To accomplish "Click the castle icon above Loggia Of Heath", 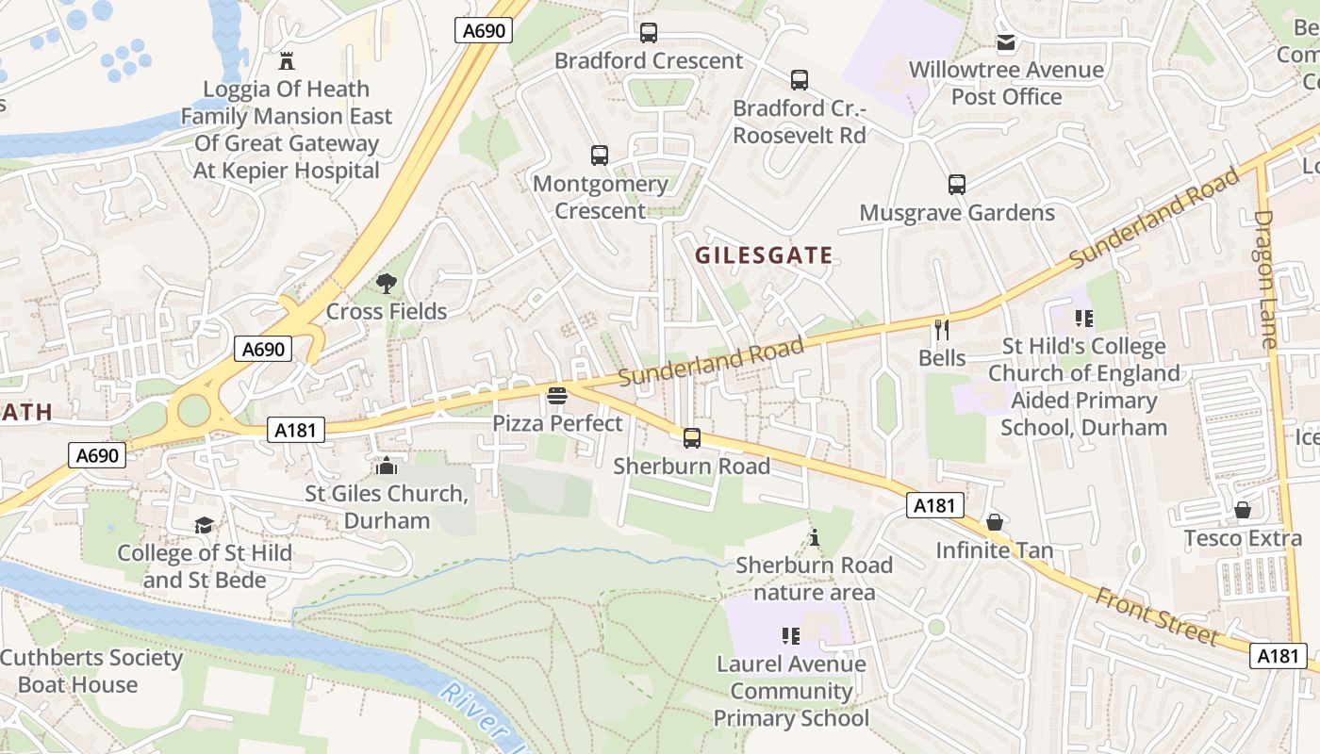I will pyautogui.click(x=287, y=62).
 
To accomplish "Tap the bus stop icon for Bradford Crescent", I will pyautogui.click(x=649, y=33).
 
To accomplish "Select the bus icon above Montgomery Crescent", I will pyautogui.click(x=600, y=156).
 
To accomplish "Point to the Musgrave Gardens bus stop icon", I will pyautogui.click(x=957, y=185).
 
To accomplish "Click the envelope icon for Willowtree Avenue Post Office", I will pyautogui.click(x=1006, y=42).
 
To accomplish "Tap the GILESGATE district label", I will pyautogui.click(x=764, y=255).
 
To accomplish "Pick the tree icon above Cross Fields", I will pyautogui.click(x=386, y=283).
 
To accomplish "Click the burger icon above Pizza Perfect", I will pyautogui.click(x=557, y=396).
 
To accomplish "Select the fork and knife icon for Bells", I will pyautogui.click(x=941, y=330).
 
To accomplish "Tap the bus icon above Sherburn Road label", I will pyautogui.click(x=692, y=438).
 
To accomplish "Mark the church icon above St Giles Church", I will pyautogui.click(x=386, y=466).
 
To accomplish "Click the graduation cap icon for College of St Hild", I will pyautogui.click(x=204, y=525).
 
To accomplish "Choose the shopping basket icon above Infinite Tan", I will pyautogui.click(x=994, y=522).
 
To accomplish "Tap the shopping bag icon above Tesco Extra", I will pyautogui.click(x=1243, y=510).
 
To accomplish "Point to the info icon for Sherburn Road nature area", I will pyautogui.click(x=815, y=537).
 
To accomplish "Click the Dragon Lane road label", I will pyautogui.click(x=1265, y=279).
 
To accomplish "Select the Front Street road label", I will pyautogui.click(x=1156, y=615).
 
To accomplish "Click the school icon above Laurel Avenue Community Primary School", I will pyautogui.click(x=790, y=636).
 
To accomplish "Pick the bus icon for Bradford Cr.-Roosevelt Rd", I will pyautogui.click(x=800, y=80).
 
